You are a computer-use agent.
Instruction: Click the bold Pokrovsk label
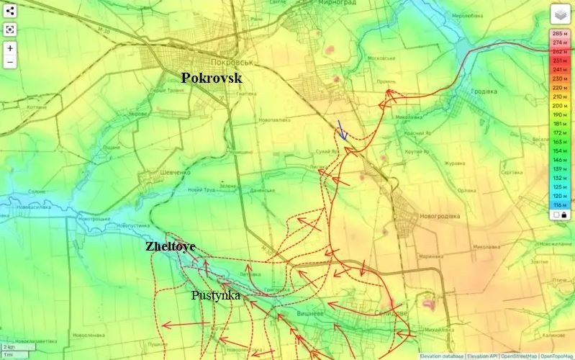211,78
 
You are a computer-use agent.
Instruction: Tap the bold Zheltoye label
170,246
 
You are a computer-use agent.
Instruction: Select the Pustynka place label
215,295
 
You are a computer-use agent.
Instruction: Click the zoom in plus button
10,49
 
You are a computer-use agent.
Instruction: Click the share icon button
10,11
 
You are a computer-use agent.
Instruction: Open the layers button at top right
561,14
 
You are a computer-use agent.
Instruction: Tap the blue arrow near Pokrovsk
343,130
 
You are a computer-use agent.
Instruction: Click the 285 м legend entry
559,33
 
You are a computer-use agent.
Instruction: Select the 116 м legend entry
559,205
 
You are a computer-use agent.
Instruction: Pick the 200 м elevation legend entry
559,106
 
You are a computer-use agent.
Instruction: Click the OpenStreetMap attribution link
518,356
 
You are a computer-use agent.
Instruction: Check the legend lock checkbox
556,215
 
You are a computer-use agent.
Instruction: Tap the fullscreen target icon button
10,30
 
